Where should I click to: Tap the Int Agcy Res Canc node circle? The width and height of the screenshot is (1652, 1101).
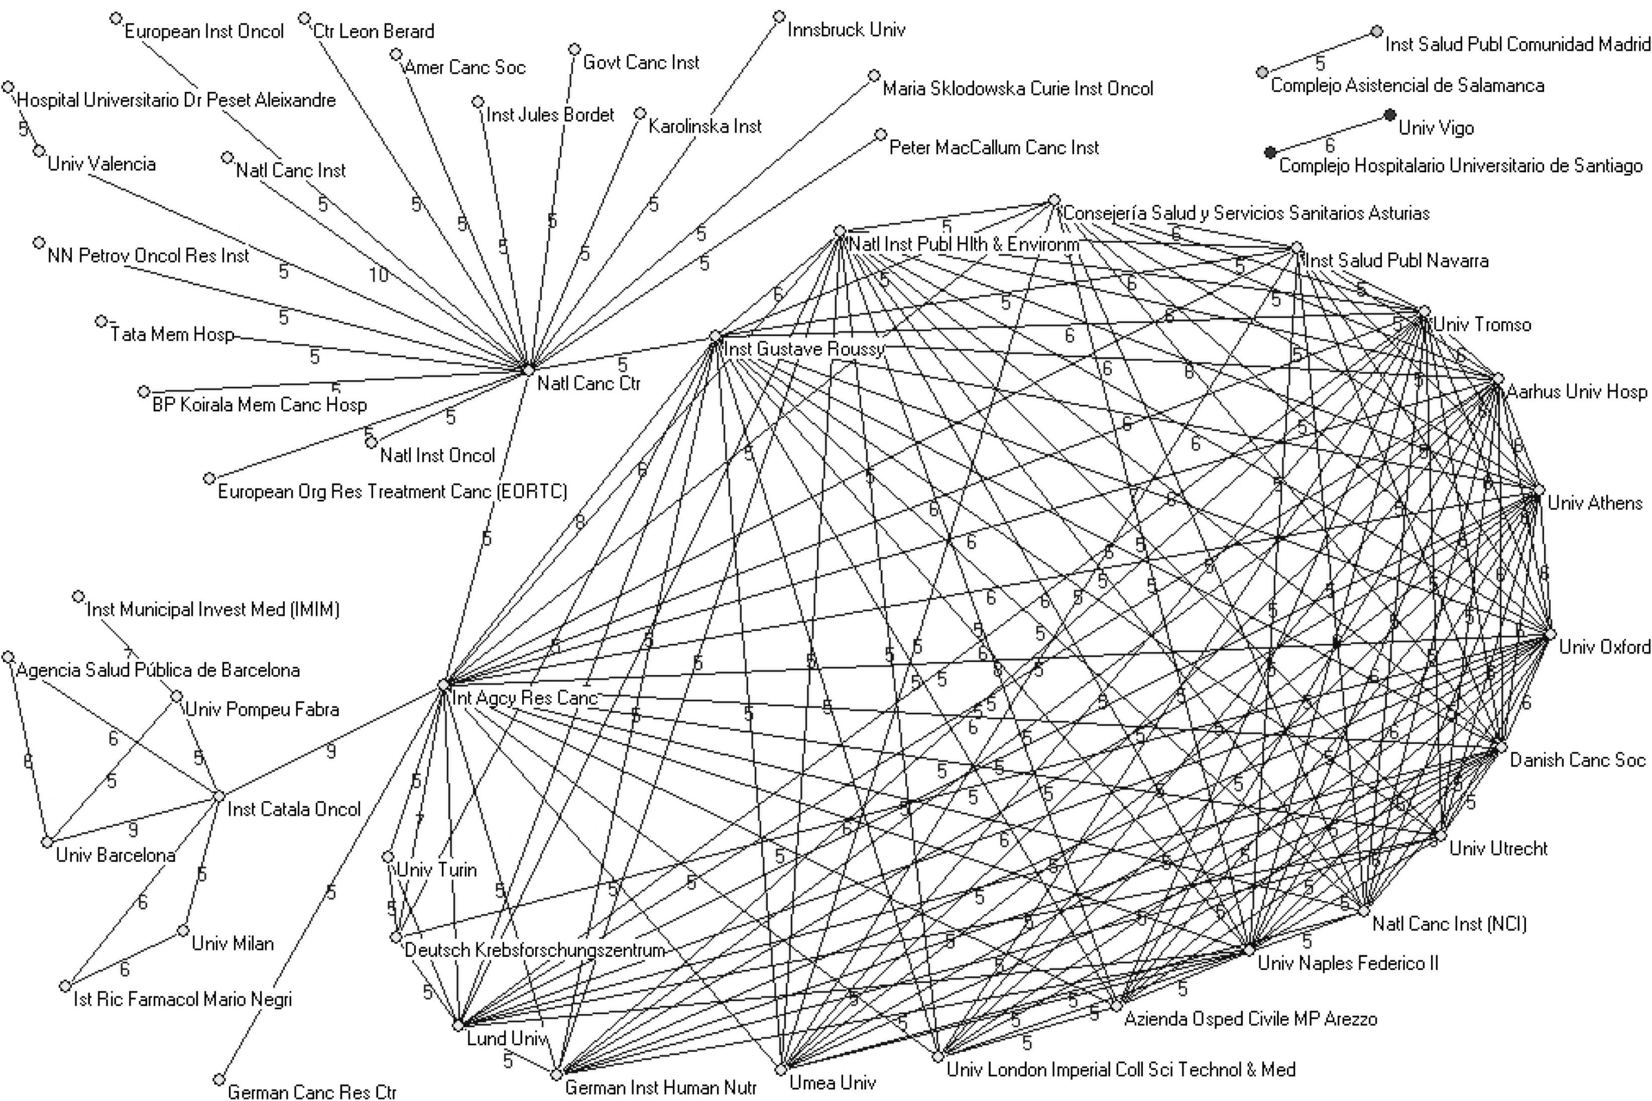point(443,683)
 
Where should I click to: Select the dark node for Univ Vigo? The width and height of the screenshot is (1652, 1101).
point(1389,115)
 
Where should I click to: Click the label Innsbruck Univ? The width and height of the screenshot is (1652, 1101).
point(846,30)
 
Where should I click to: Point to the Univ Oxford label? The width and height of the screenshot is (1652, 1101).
point(1604,647)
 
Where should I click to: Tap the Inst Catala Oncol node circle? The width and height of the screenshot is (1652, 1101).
point(218,796)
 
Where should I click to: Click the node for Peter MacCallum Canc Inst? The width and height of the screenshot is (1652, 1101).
point(881,134)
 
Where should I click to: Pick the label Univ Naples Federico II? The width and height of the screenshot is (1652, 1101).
point(1347,963)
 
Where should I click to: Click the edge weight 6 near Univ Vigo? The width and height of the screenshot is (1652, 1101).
point(1329,145)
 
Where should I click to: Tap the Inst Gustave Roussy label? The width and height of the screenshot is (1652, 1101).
point(803,349)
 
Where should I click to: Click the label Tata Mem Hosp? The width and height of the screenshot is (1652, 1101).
point(172,334)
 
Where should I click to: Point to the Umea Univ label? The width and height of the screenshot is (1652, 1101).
point(833,1082)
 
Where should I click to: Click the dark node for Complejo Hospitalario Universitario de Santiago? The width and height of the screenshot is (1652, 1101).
point(1269,152)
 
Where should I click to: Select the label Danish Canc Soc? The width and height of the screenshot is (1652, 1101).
point(1577,760)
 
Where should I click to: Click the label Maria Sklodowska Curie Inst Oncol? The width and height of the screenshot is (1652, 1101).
point(1018,88)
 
